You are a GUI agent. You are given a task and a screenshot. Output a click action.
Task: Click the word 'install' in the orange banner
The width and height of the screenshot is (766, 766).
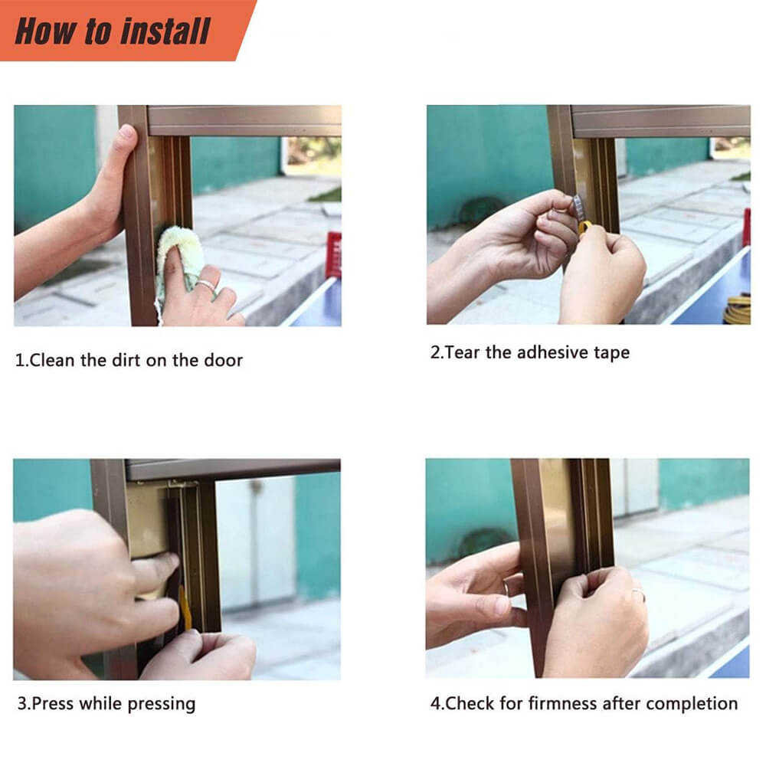(165, 31)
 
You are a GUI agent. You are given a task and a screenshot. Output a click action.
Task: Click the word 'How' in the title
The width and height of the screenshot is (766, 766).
(46, 31)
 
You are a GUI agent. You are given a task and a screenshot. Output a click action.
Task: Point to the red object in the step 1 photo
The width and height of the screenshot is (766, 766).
(334, 254)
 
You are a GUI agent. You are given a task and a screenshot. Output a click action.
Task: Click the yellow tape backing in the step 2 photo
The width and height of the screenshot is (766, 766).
(584, 228)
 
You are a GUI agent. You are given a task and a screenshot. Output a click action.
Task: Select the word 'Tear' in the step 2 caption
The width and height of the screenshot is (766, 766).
(462, 352)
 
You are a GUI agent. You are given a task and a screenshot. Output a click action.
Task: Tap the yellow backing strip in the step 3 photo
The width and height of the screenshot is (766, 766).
(185, 608)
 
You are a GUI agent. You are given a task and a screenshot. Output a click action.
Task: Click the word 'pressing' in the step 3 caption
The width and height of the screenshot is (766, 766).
(161, 705)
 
